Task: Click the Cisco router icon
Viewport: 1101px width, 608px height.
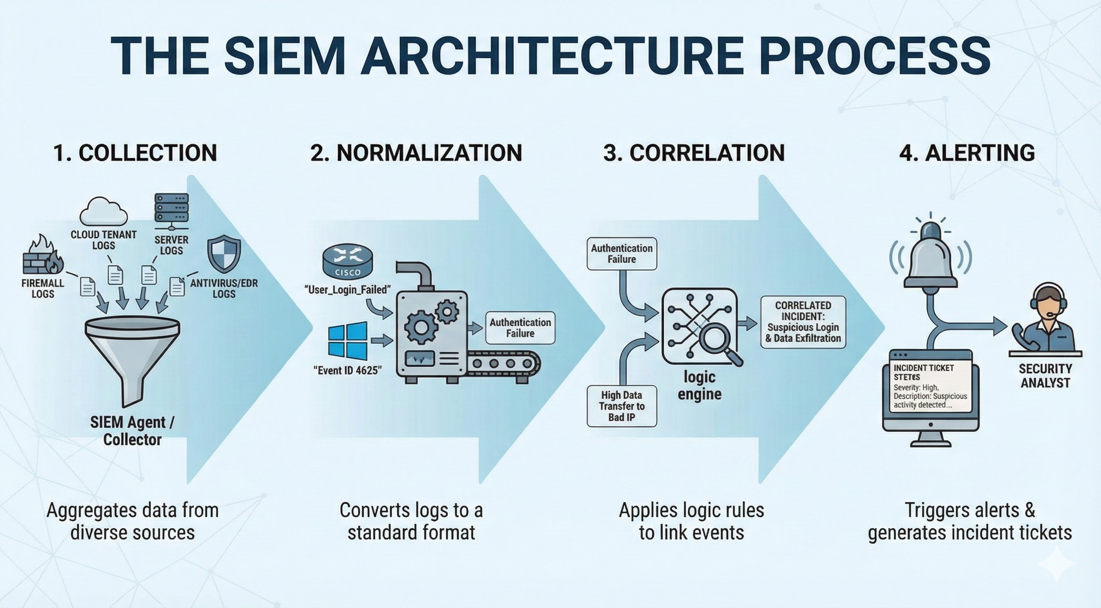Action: click(347, 261)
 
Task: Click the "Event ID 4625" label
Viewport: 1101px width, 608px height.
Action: click(348, 370)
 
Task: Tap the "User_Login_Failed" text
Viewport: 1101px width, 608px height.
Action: click(348, 290)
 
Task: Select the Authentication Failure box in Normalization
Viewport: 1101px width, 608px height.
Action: click(520, 328)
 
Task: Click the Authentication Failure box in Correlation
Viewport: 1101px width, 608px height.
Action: click(621, 254)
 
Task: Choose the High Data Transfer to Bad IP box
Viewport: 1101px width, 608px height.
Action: click(621, 406)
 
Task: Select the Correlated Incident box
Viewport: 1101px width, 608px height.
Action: click(803, 322)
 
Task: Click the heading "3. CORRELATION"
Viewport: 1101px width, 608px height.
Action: click(694, 153)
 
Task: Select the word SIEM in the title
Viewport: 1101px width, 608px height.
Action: click(284, 56)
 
